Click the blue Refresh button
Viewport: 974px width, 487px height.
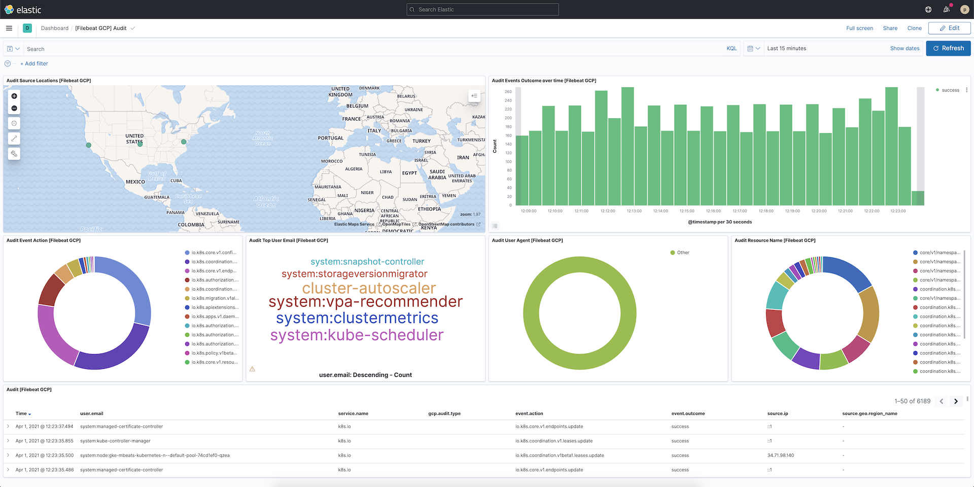click(948, 48)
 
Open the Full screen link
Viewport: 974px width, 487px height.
click(859, 28)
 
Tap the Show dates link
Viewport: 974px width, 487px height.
click(905, 49)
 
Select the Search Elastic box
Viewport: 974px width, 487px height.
click(482, 10)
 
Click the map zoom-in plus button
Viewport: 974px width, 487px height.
click(14, 96)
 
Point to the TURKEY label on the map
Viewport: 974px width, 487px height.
click(421, 141)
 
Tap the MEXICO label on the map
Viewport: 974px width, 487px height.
click(135, 182)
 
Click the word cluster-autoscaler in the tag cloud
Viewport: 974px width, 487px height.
click(369, 288)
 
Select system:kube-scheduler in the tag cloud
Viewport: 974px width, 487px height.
click(357, 335)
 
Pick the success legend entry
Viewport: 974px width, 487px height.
click(950, 90)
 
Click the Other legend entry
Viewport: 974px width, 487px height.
click(682, 253)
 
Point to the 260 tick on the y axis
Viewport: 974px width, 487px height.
click(508, 92)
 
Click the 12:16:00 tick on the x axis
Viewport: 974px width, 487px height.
click(713, 211)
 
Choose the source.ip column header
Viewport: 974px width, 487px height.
click(777, 413)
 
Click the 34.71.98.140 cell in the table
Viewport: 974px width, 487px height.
click(780, 456)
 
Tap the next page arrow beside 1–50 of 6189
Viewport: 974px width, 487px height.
click(956, 401)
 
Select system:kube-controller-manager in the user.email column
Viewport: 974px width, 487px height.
click(115, 441)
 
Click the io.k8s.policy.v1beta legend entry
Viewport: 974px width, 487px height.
click(214, 353)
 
